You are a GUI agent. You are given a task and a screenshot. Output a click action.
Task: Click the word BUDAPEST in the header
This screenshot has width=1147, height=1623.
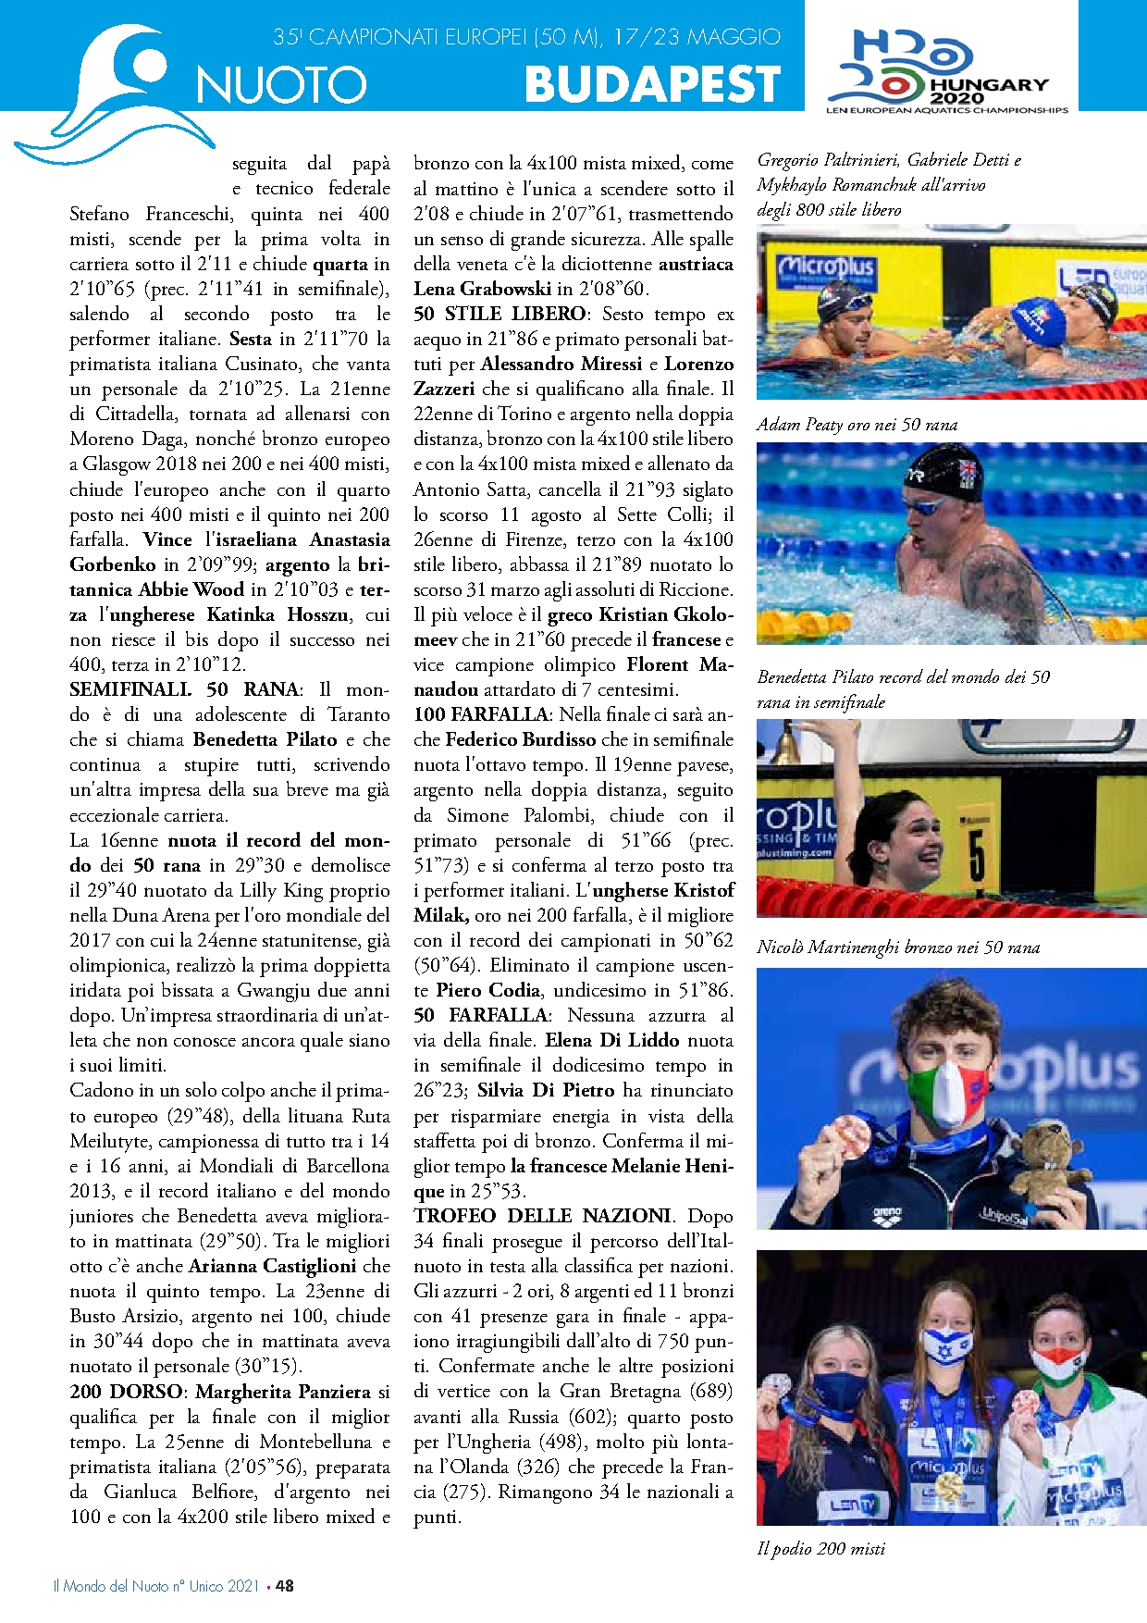652,84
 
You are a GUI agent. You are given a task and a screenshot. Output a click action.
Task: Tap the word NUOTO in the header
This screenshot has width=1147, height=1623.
281,85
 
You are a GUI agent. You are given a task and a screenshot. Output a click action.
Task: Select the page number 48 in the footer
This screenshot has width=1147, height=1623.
285,1585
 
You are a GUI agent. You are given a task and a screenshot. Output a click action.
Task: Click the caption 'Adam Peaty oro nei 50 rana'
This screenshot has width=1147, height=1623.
857,425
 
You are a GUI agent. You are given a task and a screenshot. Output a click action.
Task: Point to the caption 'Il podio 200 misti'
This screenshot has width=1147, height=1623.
820,1548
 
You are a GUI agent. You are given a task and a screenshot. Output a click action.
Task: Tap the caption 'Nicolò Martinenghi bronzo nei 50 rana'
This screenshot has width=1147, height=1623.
897,947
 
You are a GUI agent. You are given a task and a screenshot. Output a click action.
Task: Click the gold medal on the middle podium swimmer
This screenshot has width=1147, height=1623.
949,1486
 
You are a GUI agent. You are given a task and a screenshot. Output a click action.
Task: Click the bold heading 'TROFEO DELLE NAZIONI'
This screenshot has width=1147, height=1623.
543,1216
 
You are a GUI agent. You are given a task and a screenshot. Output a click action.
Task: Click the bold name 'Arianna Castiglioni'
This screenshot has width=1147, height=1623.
273,1266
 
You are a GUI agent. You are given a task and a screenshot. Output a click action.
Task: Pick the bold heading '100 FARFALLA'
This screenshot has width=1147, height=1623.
481,714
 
